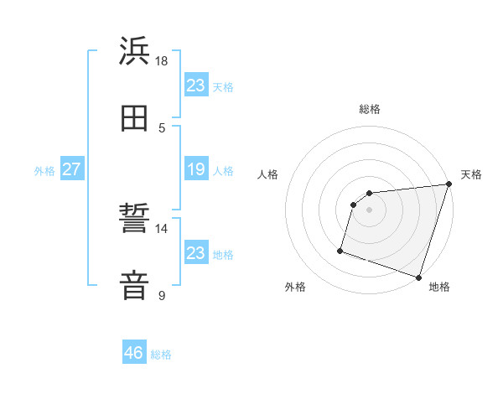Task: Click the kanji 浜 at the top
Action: tap(135, 52)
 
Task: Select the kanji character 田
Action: tap(135, 118)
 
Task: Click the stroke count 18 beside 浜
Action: tap(162, 61)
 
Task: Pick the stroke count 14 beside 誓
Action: tap(162, 228)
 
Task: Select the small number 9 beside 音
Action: tap(162, 295)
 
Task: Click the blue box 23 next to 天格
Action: tap(196, 85)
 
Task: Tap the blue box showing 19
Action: tap(196, 169)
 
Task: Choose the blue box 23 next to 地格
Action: tap(196, 252)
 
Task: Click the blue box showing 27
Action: tap(71, 169)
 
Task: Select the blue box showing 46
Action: tap(134, 353)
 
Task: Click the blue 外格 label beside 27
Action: tap(44, 171)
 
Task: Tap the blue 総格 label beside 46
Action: tap(162, 355)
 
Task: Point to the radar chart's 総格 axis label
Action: tap(370, 109)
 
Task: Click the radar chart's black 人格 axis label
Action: tap(268, 174)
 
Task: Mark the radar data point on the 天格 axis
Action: tap(449, 184)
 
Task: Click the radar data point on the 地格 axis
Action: tap(418, 277)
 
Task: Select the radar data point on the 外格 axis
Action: tap(340, 250)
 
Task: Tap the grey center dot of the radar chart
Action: tap(370, 210)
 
